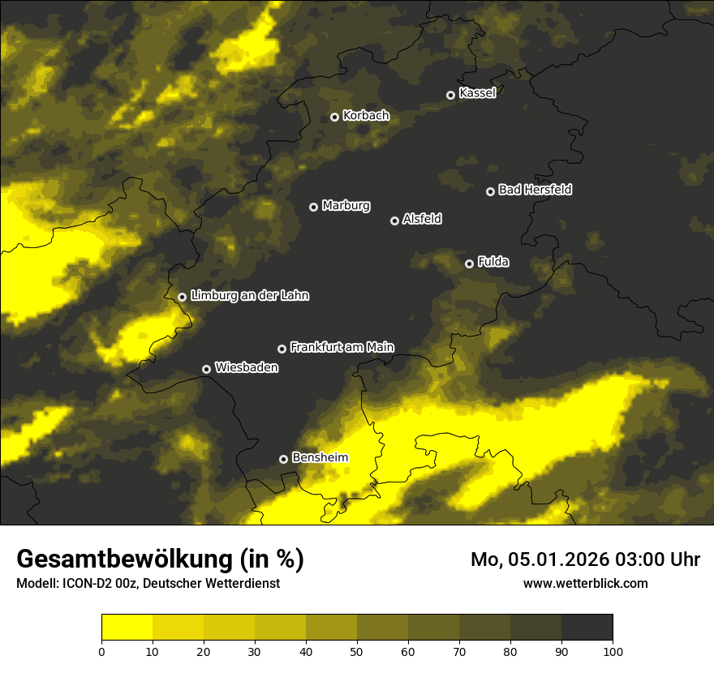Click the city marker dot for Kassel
click(x=451, y=95)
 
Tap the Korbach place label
click(x=366, y=116)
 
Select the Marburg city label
click(x=346, y=206)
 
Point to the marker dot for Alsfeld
click(x=395, y=221)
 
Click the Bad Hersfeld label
click(x=535, y=190)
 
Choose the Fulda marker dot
click(x=469, y=264)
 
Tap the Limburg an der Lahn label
click(x=250, y=296)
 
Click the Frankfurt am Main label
click(x=342, y=347)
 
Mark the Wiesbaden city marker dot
click(x=206, y=369)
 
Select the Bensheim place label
click(x=320, y=458)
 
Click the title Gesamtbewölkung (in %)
click(x=160, y=559)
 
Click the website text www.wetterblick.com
click(x=585, y=583)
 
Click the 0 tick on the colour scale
click(x=101, y=651)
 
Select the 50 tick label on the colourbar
click(x=357, y=651)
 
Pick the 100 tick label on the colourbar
click(x=613, y=651)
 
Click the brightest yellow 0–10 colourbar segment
click(x=127, y=628)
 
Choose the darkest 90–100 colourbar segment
click(x=587, y=628)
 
